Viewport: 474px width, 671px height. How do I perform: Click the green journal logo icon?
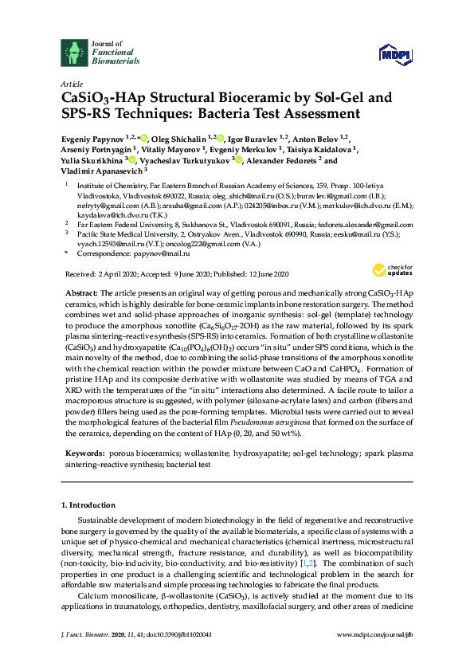click(74, 53)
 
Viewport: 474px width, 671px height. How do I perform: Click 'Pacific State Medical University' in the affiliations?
click(129, 235)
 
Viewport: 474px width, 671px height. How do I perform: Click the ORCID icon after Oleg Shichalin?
click(221, 139)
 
